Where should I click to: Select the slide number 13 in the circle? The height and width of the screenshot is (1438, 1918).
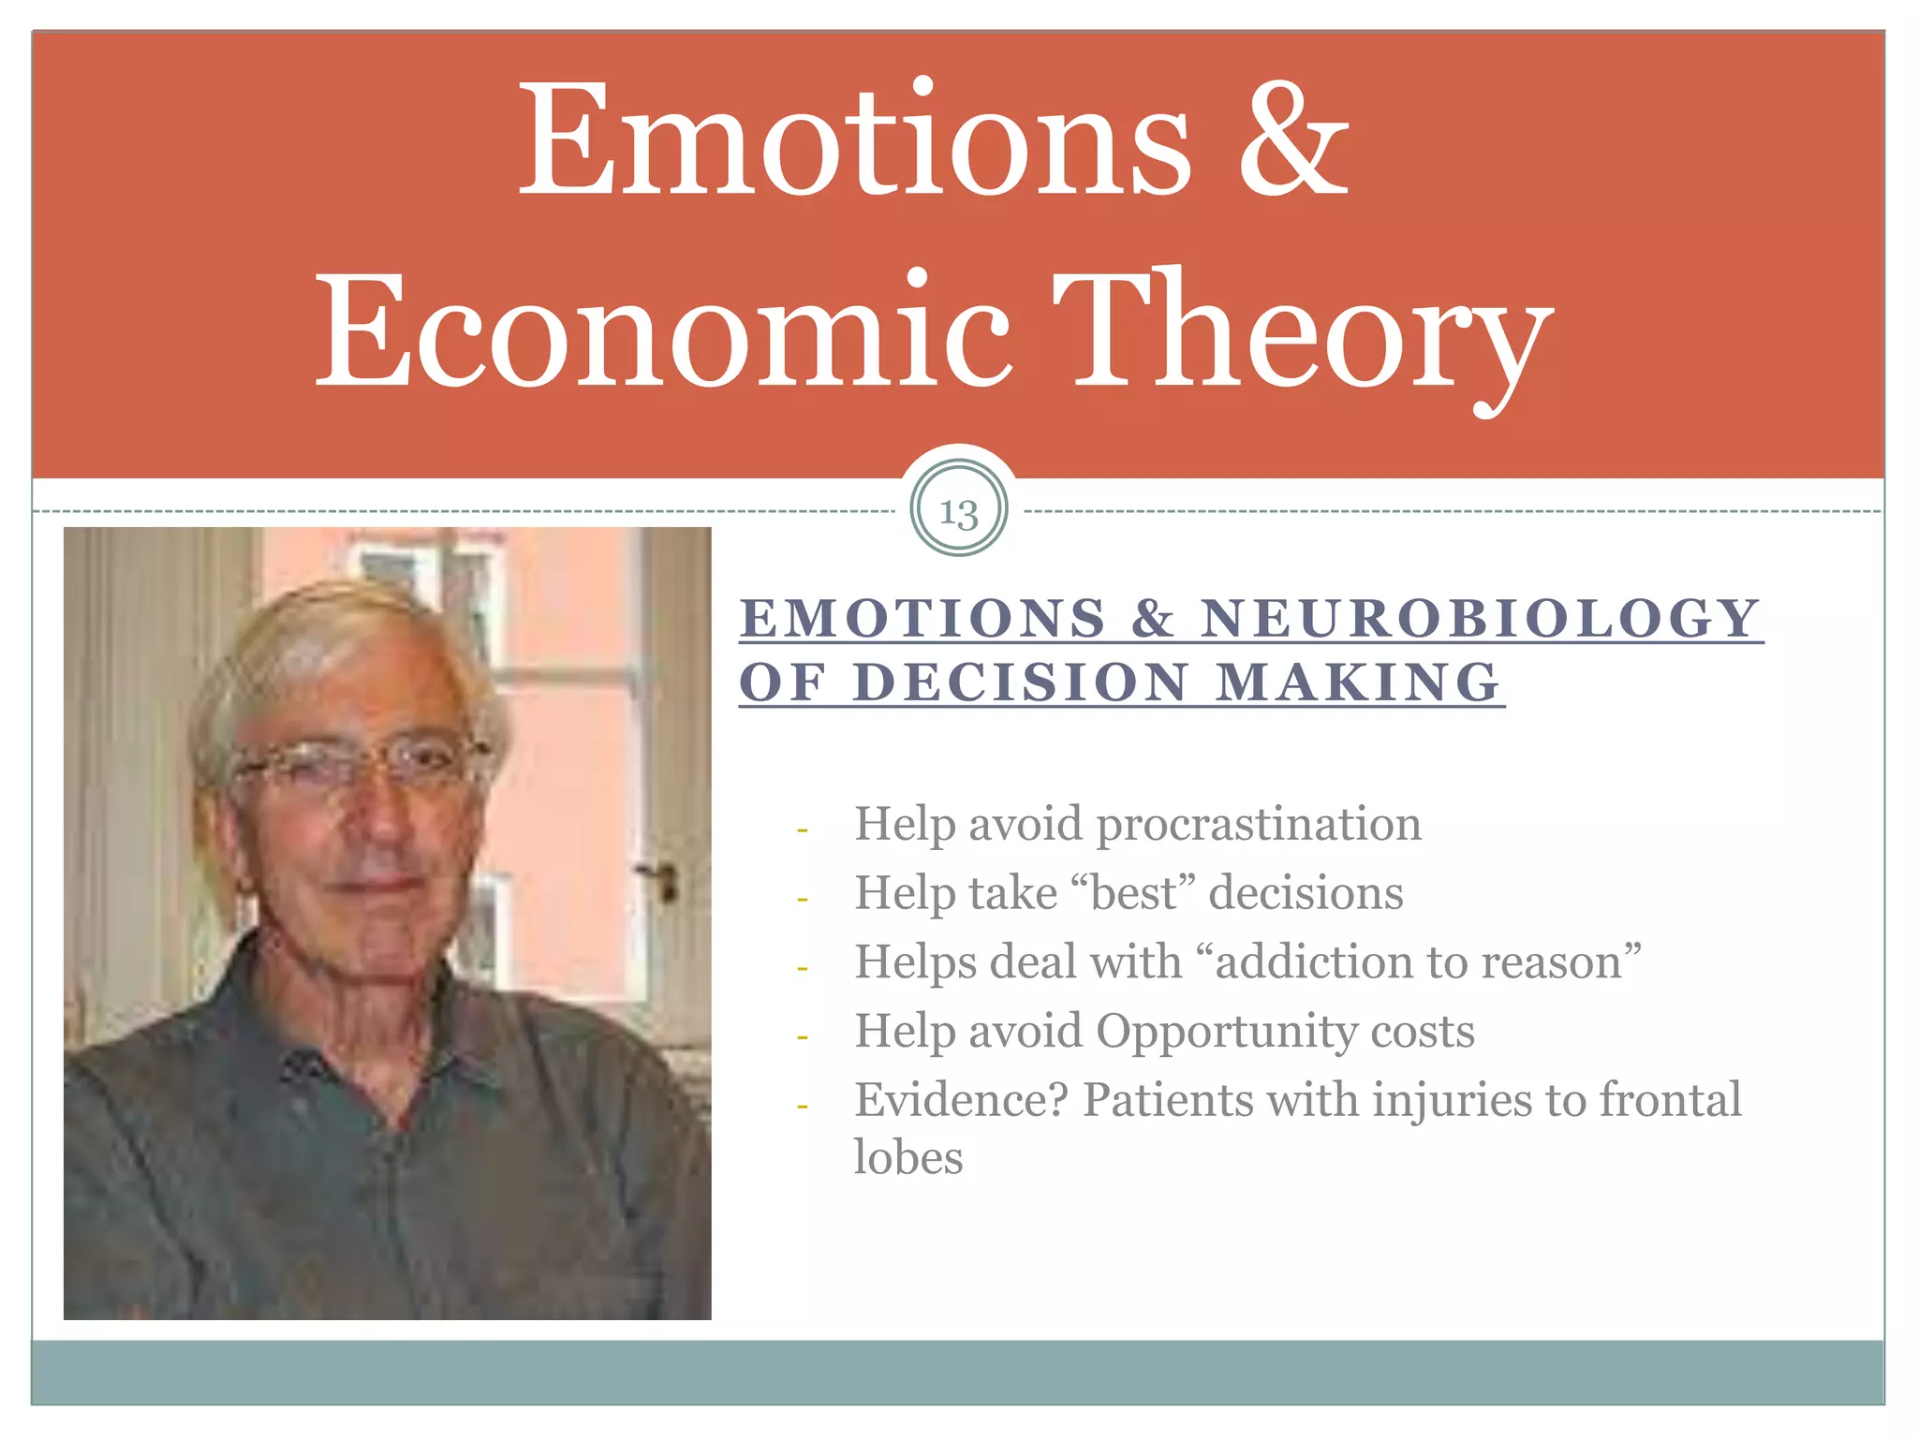coord(958,511)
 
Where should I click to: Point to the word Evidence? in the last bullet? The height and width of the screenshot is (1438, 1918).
coord(961,1100)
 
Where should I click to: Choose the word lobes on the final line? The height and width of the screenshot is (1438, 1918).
coord(907,1158)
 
